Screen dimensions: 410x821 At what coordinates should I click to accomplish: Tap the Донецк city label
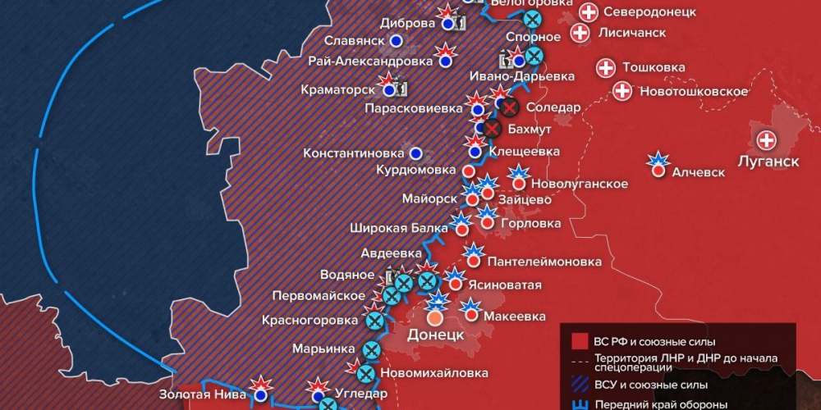pyautogui.click(x=436, y=335)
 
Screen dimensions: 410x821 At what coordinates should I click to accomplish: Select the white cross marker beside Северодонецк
pyautogui.click(x=589, y=12)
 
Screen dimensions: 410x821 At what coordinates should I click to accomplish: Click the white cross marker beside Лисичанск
pyautogui.click(x=580, y=33)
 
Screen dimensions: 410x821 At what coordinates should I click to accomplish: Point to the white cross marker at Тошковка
pyautogui.click(x=606, y=68)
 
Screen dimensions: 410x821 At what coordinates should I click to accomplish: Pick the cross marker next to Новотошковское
pyautogui.click(x=622, y=91)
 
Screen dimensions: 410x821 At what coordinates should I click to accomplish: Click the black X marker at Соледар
pyautogui.click(x=510, y=107)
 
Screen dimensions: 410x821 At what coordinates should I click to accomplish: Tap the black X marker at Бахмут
pyautogui.click(x=492, y=129)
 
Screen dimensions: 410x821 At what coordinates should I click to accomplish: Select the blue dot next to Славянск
pyautogui.click(x=397, y=40)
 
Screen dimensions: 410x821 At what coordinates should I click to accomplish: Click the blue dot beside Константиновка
pyautogui.click(x=416, y=153)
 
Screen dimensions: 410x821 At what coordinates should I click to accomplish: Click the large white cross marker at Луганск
pyautogui.click(x=767, y=140)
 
